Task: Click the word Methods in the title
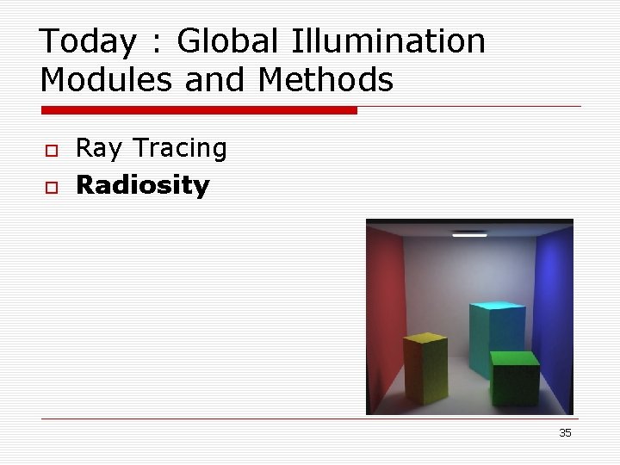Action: point(325,80)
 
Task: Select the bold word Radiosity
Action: point(143,185)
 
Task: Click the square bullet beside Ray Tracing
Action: point(51,151)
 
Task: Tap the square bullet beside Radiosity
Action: point(51,187)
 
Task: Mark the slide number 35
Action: point(565,433)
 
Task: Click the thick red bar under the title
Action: point(199,110)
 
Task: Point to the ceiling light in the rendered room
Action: point(470,233)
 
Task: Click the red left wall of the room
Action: point(387,310)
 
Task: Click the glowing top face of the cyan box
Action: point(498,307)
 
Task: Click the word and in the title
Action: point(215,80)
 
